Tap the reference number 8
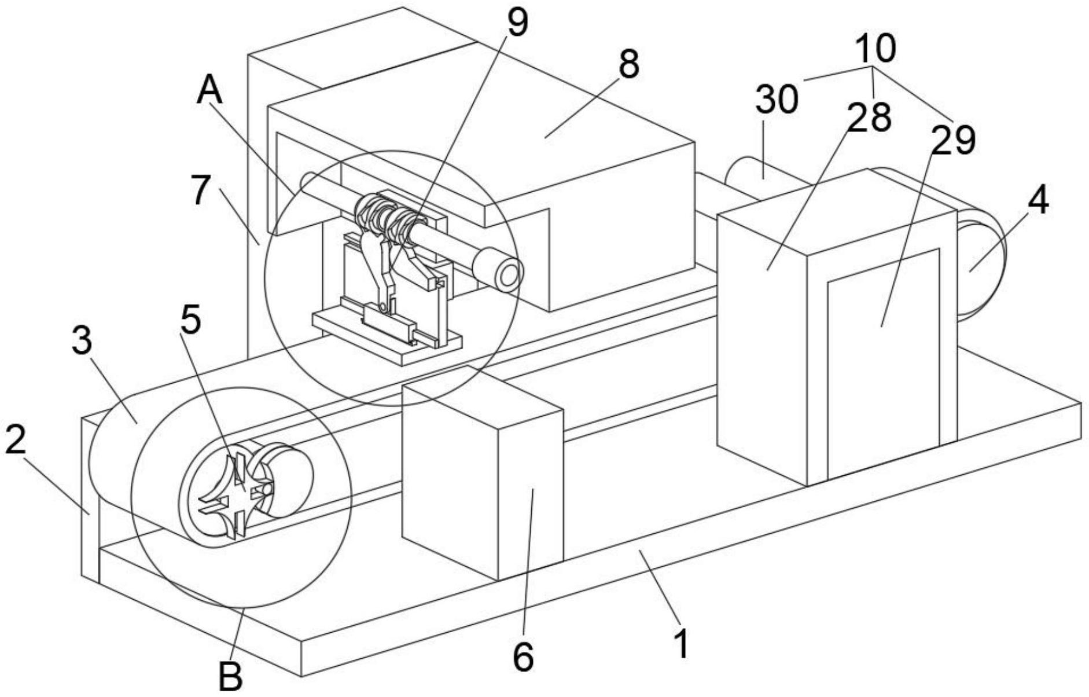(x=628, y=64)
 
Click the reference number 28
(x=871, y=116)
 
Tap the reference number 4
(x=1038, y=201)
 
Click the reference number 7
(x=200, y=190)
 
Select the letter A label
(x=209, y=91)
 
